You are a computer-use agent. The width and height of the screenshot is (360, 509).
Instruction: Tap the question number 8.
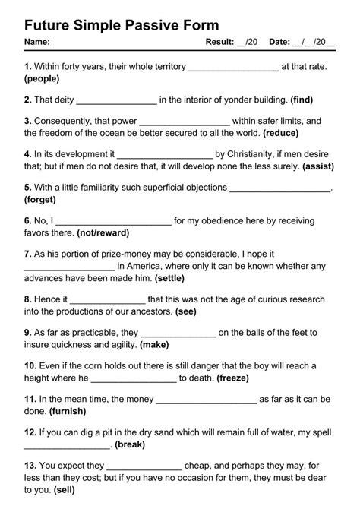click(x=28, y=299)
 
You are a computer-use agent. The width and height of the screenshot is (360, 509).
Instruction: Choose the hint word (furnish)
click(x=68, y=411)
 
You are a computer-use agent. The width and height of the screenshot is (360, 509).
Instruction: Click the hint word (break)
click(x=131, y=444)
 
